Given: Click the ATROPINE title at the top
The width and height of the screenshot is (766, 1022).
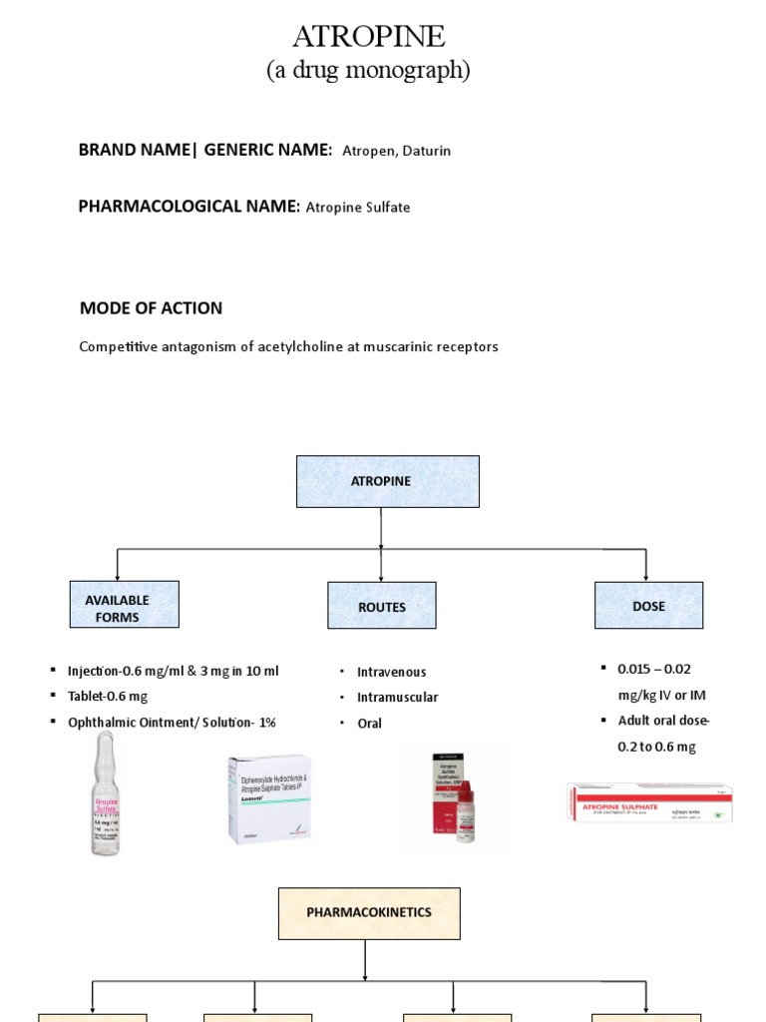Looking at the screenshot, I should point(368,37).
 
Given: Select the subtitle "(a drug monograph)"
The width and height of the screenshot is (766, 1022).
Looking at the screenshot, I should point(368,70).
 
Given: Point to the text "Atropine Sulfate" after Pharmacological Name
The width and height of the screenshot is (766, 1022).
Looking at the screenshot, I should point(357,208).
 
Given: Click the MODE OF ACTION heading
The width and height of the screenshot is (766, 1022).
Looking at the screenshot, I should point(151,308).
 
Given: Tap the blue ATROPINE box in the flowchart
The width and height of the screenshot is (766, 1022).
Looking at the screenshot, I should point(387,481).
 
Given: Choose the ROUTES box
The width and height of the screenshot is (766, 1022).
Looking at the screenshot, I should point(381,606).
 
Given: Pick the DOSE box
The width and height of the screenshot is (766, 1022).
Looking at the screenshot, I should point(648,606).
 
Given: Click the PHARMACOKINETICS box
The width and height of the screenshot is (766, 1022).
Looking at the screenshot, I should point(369,913).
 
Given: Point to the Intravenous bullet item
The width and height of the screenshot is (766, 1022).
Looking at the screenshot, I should point(391,673).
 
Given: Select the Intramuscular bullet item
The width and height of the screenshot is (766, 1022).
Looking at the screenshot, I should point(397,698).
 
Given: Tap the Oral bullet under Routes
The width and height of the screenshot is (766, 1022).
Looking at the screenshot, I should point(369,724).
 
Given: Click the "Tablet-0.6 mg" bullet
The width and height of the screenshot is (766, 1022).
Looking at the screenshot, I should point(107,697).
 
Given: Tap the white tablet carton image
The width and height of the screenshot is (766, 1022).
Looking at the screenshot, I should point(268,798).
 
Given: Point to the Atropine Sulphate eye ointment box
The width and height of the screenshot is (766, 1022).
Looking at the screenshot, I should point(649,801).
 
